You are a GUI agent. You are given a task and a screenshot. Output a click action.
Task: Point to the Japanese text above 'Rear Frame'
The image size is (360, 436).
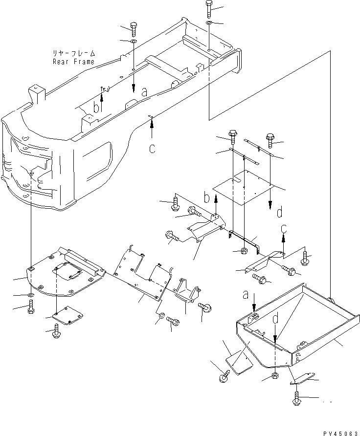click(x=74, y=53)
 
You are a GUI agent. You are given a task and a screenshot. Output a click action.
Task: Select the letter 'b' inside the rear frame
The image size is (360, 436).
click(x=97, y=107)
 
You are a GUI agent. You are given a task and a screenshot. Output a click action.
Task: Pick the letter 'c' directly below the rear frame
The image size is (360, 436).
click(x=152, y=149)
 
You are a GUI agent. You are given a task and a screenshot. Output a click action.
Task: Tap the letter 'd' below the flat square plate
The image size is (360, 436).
click(x=279, y=213)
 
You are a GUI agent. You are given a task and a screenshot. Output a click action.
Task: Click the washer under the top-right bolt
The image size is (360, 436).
click(x=208, y=23)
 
